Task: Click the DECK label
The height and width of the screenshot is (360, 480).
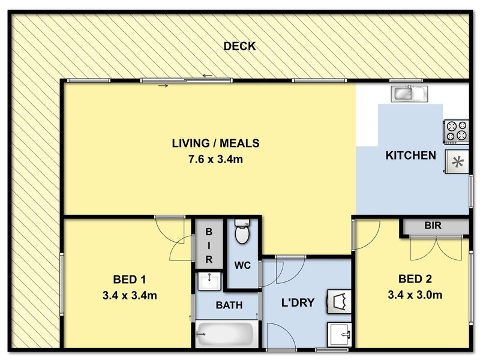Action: tap(239, 46)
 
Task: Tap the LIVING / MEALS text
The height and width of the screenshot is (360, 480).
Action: tap(215, 143)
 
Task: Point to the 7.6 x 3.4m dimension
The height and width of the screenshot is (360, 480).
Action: tap(215, 160)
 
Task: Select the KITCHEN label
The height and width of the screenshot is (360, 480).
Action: tap(410, 155)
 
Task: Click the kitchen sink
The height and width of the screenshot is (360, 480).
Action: tap(409, 94)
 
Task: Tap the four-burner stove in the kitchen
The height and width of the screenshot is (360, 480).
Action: tap(456, 131)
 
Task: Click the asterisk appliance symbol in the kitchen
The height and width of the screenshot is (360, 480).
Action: tap(457, 161)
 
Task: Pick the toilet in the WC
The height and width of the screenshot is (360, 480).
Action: tap(242, 232)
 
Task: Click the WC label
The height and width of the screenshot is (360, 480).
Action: tap(242, 265)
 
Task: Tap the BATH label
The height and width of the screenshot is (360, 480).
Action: tap(229, 305)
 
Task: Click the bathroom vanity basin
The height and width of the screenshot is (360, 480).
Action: tap(209, 281)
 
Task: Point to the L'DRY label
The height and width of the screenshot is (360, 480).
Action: tap(298, 302)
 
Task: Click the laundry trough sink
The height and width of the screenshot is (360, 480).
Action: tap(339, 334)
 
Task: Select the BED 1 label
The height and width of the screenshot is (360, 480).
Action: tap(129, 279)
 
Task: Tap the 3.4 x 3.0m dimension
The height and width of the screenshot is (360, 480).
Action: tap(415, 295)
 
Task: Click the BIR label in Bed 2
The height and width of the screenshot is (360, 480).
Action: tap(433, 226)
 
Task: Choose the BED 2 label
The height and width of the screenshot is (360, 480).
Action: tap(415, 279)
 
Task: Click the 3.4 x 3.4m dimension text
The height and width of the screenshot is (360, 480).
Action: tap(130, 296)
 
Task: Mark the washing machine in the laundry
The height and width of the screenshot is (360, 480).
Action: tap(339, 302)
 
